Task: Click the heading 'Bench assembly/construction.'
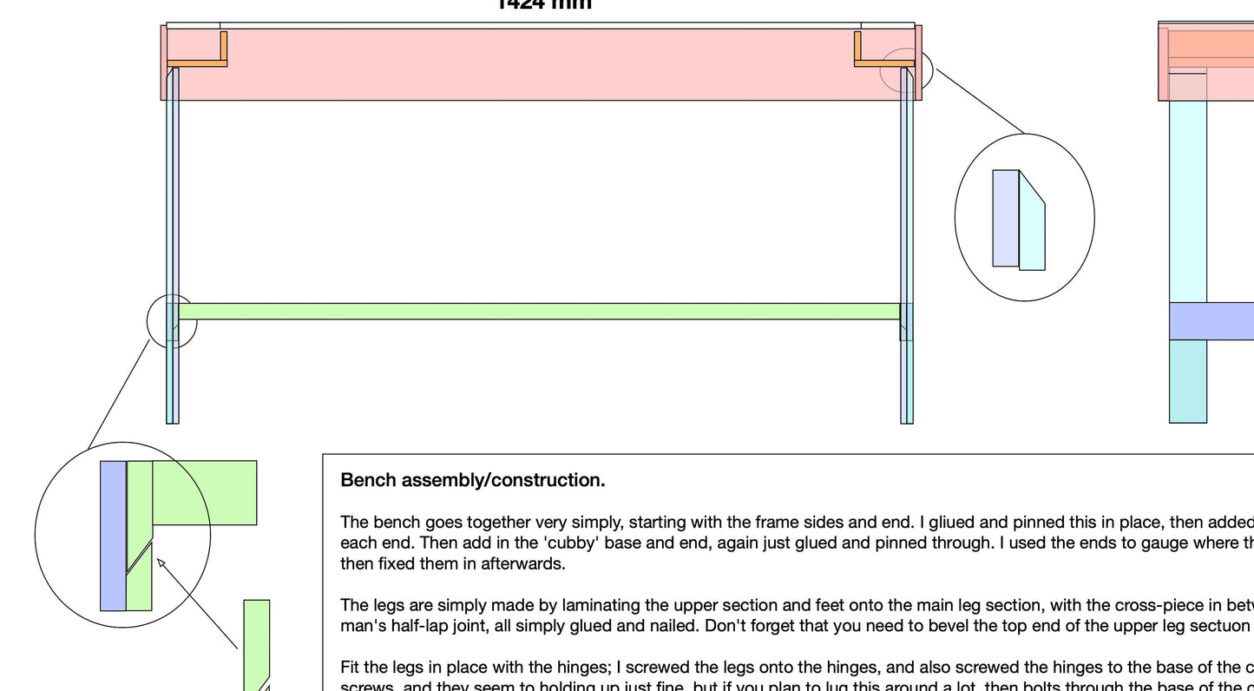coord(473,480)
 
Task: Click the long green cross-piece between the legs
coord(538,312)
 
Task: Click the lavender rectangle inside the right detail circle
coord(1006,218)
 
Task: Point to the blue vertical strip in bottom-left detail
coord(113,536)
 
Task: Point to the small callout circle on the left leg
coord(172,321)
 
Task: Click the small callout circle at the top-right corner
coord(906,69)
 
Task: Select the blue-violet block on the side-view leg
coord(1211,321)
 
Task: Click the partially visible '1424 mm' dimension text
coord(544,4)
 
